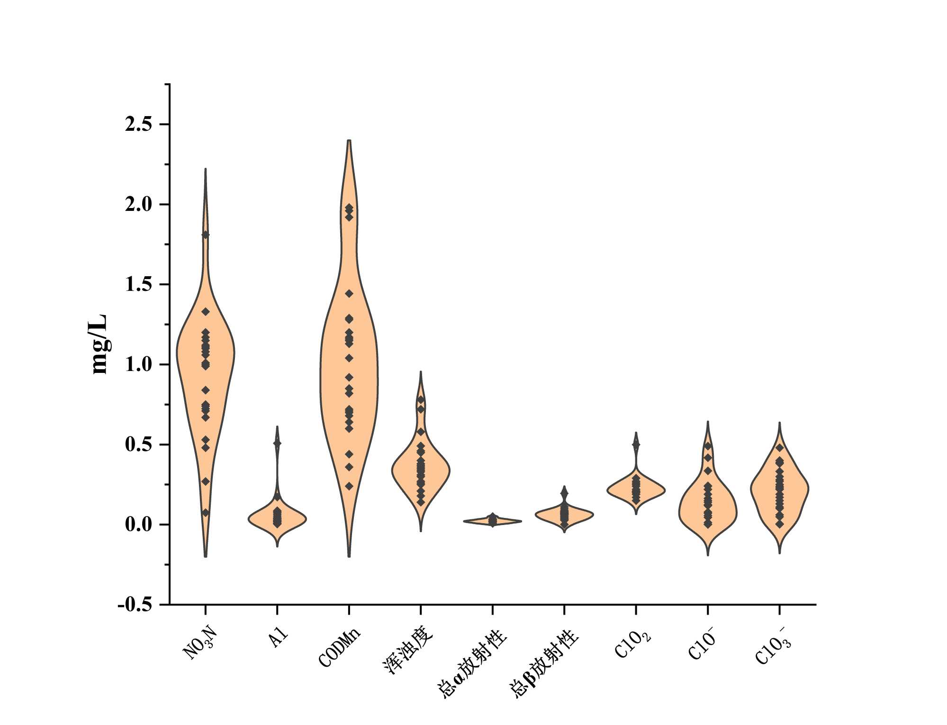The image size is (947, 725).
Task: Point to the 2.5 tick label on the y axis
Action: coord(138,125)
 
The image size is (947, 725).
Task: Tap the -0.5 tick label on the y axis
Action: coord(135,605)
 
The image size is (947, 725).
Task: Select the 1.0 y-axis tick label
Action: coord(138,365)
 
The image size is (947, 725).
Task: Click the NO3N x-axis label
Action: coord(200,643)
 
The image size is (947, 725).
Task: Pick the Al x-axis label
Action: coord(278,638)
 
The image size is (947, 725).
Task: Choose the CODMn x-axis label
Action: coord(340,647)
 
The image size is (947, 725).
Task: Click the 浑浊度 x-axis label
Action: coord(408,650)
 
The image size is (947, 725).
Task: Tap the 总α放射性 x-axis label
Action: coord(473,663)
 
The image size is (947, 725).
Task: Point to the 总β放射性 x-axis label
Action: coord(544,663)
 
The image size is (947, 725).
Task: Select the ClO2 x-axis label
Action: coord(633,644)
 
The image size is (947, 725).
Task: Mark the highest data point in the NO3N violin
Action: coord(206,235)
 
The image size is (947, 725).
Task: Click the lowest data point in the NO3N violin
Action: coord(206,513)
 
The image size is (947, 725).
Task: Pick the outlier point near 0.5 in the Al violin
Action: coord(277,444)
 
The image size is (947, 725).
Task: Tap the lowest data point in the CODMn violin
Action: coord(349,486)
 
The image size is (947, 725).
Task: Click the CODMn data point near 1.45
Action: coord(349,294)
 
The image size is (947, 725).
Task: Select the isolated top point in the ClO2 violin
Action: coord(636,444)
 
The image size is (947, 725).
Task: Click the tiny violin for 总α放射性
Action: coord(493,521)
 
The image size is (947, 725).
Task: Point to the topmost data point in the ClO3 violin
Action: coord(779,447)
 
